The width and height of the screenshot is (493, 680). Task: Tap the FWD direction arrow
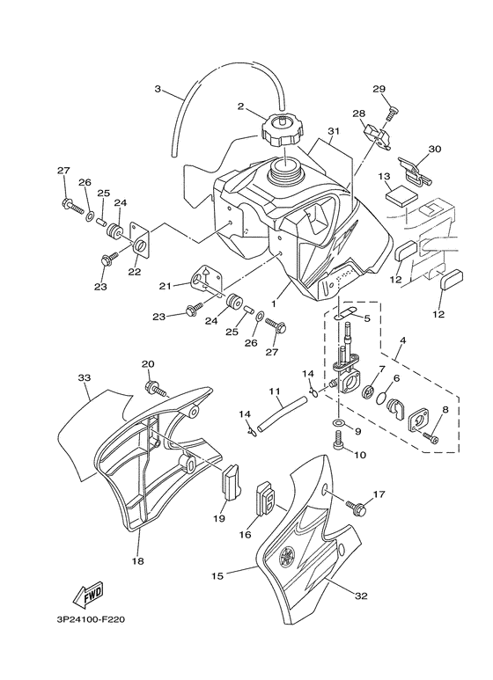pyautogui.click(x=88, y=594)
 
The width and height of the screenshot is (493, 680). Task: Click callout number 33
pyautogui.click(x=85, y=377)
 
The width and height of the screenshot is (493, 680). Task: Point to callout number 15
pyautogui.click(x=217, y=576)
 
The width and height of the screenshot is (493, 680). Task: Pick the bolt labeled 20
pyautogui.click(x=156, y=388)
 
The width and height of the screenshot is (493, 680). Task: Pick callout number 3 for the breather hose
pyautogui.click(x=158, y=89)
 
